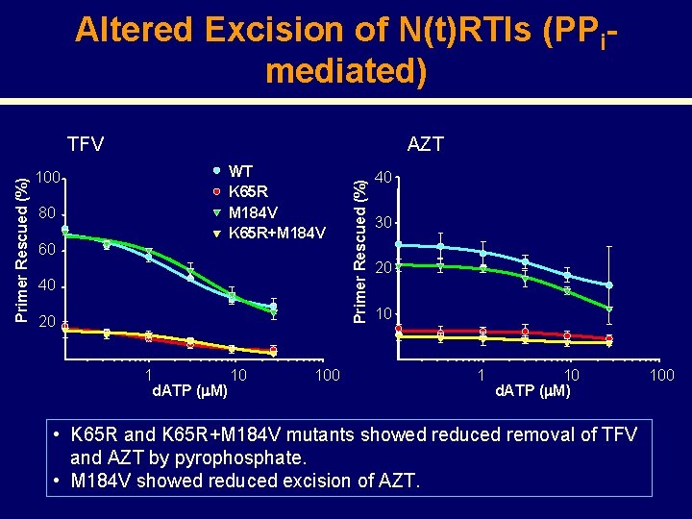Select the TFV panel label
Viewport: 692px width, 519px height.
[x=86, y=145]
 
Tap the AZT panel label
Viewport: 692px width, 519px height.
[x=425, y=144]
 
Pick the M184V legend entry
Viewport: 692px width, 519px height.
[x=254, y=211]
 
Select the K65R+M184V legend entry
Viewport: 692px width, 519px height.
[x=278, y=232]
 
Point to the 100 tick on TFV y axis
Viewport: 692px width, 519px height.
[x=48, y=178]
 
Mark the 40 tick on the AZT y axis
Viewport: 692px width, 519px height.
[x=383, y=178]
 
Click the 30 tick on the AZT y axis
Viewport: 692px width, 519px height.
[x=383, y=223]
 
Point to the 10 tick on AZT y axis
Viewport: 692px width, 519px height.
[x=383, y=314]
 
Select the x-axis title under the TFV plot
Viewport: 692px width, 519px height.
[x=189, y=391]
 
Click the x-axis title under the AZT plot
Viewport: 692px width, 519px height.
[x=532, y=391]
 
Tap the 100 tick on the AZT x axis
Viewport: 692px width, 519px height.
[x=661, y=374]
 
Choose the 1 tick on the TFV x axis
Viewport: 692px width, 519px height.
[x=147, y=374]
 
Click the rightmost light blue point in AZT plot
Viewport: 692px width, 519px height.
[x=609, y=285]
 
